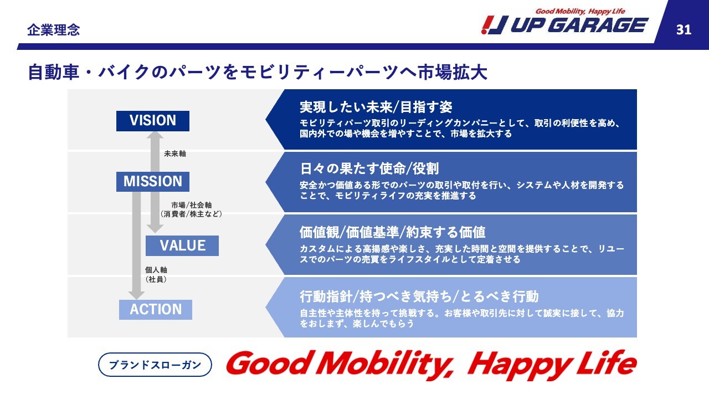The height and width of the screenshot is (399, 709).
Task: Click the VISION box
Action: click(153, 121)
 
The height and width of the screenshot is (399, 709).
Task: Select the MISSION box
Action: click(153, 182)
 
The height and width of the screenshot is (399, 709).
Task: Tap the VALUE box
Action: click(182, 245)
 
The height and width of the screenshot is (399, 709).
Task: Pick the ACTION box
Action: click(156, 310)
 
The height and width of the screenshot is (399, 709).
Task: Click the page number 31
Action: click(684, 30)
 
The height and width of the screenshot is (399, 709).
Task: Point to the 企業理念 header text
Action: click(54, 30)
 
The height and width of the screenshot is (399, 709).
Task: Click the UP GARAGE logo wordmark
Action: click(579, 25)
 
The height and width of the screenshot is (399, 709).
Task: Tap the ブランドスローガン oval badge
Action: click(155, 365)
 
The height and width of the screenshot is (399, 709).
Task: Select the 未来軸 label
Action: click(175, 154)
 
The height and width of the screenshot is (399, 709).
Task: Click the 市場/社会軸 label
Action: click(192, 205)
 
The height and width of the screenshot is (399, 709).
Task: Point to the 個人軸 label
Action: click(156, 270)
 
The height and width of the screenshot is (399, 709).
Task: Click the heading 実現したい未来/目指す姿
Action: click(376, 108)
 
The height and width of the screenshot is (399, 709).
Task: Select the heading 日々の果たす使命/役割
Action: click(369, 169)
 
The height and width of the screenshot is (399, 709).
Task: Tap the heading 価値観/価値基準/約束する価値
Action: click(393, 232)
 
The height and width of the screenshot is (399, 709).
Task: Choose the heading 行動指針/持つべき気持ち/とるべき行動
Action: click(419, 296)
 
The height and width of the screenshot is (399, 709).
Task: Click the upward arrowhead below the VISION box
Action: click(155, 135)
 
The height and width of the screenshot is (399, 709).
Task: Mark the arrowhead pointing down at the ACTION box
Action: click(136, 296)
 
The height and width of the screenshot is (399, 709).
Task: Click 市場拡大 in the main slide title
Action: click(453, 73)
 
